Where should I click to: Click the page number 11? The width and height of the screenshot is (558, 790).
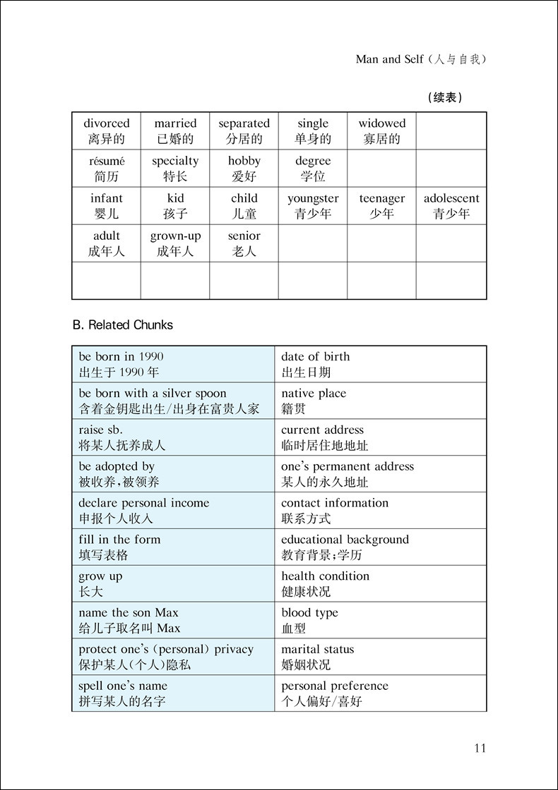480,748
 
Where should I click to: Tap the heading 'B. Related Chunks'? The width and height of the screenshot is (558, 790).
123,325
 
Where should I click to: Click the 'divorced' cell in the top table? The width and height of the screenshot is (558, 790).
107,131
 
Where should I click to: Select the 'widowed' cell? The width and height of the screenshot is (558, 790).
381,131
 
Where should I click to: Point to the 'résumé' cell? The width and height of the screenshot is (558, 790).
107,169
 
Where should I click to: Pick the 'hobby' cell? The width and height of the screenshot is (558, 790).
244,169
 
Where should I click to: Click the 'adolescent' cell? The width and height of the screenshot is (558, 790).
451,206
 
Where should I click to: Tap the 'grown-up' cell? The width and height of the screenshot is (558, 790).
175,243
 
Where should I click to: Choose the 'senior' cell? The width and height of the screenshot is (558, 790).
244,243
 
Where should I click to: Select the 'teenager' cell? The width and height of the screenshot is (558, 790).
381,206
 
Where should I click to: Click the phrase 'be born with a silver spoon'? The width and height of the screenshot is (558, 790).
153,394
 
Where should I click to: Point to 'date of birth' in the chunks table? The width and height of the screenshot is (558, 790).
315,357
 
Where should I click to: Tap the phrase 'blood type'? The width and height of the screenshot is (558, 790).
309,613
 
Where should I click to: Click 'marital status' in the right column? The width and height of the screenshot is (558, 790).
317,650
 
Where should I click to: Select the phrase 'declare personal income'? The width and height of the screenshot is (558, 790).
144,504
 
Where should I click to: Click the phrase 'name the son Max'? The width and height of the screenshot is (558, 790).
129,613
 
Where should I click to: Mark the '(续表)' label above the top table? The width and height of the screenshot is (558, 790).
446,98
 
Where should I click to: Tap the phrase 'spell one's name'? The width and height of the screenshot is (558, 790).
123,686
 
